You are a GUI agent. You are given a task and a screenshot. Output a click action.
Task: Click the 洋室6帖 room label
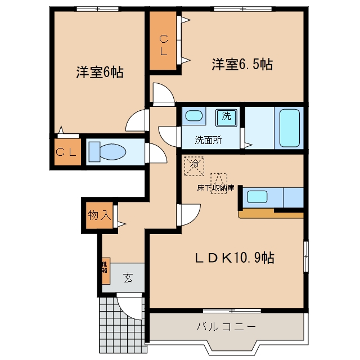pos(100,72)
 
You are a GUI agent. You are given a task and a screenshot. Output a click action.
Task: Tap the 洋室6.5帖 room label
pos(242,64)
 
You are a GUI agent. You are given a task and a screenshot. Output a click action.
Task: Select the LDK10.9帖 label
pos(235,258)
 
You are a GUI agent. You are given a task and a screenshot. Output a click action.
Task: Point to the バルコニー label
pos(226,326)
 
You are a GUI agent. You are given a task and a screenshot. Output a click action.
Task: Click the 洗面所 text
pos(208,140)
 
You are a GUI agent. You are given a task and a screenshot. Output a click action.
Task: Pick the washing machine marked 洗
pos(226,118)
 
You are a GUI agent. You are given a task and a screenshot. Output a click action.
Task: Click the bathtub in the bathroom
pos(289,128)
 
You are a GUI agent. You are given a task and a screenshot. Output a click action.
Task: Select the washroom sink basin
pos(193,116)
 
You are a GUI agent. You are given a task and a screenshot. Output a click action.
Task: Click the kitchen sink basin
pos(257,197)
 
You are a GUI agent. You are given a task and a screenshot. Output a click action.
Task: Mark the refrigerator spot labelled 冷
pos(194,166)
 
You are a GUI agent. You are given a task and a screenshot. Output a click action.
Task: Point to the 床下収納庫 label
pos(215,188)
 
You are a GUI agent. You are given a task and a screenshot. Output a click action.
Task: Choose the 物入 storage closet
pos(100,215)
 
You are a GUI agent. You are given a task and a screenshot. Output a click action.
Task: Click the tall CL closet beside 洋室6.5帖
pos(163,40)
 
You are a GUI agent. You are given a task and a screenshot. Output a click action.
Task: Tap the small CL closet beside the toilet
pos(67,152)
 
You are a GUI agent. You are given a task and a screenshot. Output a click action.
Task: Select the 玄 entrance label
pos(128,278)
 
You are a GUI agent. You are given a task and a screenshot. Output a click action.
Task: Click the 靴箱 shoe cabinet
pos(106,271)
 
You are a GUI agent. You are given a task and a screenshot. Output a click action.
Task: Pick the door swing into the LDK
pos(189,215)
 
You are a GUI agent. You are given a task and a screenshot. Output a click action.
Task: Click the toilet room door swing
pos(156,153)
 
